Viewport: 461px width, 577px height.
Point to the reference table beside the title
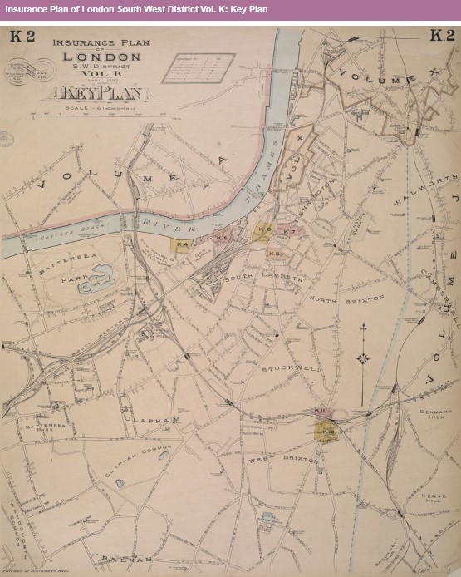click(199, 68)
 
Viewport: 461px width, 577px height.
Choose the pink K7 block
click(287, 232)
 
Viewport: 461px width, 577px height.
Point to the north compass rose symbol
click(363, 358)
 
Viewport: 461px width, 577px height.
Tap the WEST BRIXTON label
click(283, 459)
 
